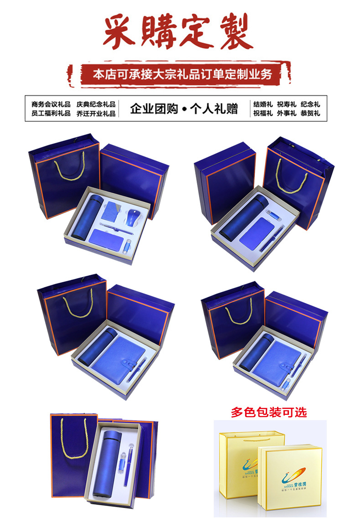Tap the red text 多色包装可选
(x=269, y=413)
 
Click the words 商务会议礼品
(x=51, y=104)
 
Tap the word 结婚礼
(x=263, y=104)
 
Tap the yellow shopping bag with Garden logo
(x=244, y=460)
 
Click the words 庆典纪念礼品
(x=96, y=104)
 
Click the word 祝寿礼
(x=287, y=104)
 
